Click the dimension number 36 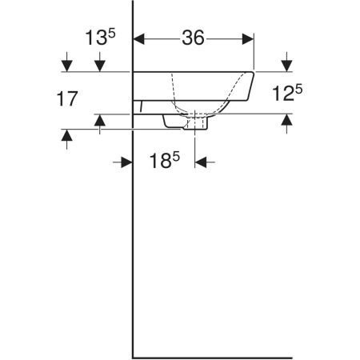point(194,38)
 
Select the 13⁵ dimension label point(100,37)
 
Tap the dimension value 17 point(67,98)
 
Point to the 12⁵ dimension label point(287,93)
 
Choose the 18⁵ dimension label point(165,160)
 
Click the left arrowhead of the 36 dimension point(138,39)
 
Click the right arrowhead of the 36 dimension point(248,39)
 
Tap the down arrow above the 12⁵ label point(286,66)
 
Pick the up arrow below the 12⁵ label point(286,119)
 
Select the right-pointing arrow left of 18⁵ point(126,162)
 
